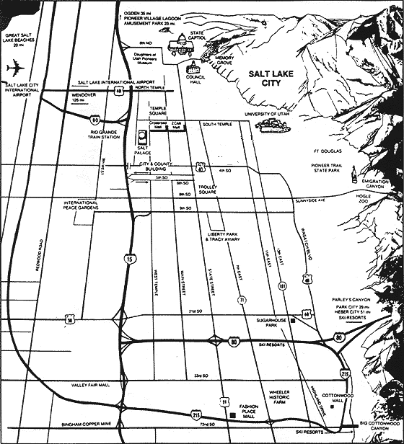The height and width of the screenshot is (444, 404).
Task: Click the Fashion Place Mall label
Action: (250, 412)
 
